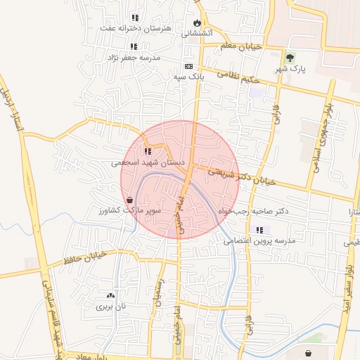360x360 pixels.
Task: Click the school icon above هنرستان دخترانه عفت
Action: pos(134,18)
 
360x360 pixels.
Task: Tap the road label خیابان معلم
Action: pos(240,46)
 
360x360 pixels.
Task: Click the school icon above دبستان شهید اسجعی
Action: pos(148,150)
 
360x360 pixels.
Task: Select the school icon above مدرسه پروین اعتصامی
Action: pos(260,230)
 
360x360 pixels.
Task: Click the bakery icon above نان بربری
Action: pos(109,295)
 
